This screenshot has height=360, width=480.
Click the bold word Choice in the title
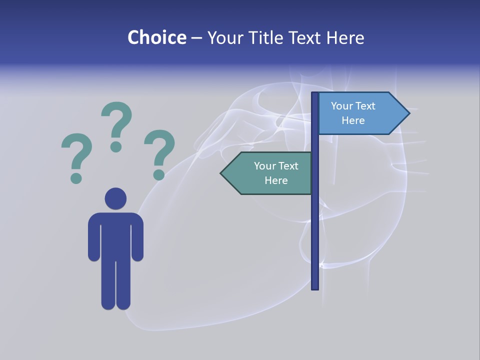pyautogui.click(x=156, y=37)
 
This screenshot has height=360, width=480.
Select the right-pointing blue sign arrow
pyautogui.click(x=360, y=113)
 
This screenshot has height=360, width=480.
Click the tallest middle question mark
pyautogui.click(x=116, y=122)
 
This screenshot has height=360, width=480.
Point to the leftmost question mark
pyautogui.click(x=76, y=152)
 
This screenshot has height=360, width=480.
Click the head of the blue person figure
pyautogui.click(x=115, y=198)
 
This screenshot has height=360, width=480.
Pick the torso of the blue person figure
pyautogui.click(x=115, y=235)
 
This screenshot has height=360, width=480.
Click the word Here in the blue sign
pyautogui.click(x=353, y=120)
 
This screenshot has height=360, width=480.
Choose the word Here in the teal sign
pyautogui.click(x=276, y=180)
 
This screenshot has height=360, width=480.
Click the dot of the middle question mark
pyautogui.click(x=116, y=146)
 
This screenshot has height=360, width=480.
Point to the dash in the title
pyautogui.click(x=196, y=38)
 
